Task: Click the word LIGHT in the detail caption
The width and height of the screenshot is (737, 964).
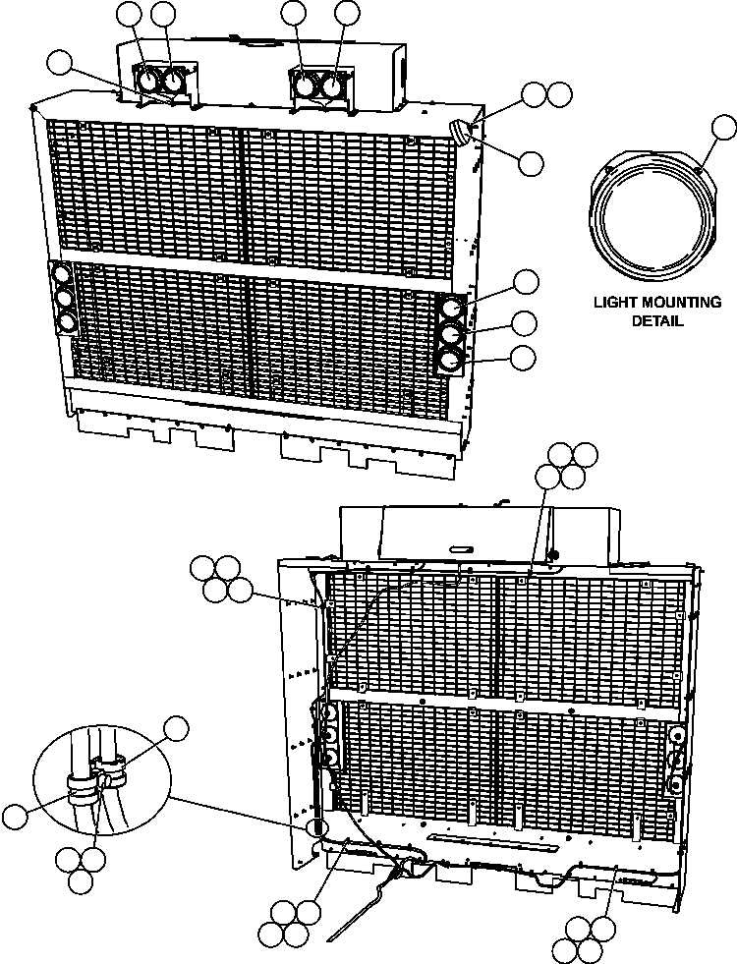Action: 614,303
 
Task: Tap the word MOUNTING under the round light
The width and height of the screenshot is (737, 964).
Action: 678,303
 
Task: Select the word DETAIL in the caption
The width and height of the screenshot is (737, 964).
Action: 656,320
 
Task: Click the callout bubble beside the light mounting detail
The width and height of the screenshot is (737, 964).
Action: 724,127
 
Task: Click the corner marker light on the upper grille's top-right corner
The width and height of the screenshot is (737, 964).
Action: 460,131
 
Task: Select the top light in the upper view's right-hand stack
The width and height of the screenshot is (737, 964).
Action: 450,309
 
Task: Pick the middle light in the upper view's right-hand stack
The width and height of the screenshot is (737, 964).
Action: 450,335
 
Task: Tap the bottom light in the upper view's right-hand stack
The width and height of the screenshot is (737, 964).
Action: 450,362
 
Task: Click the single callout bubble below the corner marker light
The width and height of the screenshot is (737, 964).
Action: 531,163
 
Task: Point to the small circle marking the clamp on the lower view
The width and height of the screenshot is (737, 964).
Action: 316,826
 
